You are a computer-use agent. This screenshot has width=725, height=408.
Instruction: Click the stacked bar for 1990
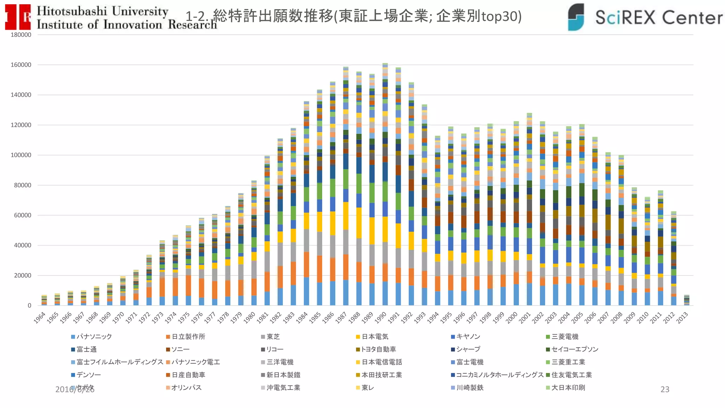[385, 184]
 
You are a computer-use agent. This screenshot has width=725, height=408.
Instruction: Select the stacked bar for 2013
[686, 300]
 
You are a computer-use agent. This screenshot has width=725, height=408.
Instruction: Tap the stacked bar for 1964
[44, 300]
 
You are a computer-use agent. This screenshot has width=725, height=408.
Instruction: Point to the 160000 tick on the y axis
[21, 65]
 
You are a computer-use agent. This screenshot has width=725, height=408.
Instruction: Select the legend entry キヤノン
[468, 336]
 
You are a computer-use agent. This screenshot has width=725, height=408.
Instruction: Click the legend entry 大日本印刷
[568, 387]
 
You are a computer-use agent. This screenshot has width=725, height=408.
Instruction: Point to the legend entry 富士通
[86, 349]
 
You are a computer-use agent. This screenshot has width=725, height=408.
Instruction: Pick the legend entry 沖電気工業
[283, 387]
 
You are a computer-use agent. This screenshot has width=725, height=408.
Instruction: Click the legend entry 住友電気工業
[571, 375]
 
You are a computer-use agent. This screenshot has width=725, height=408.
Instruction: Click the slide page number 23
[665, 389]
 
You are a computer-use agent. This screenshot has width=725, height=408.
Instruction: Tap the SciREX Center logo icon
[576, 17]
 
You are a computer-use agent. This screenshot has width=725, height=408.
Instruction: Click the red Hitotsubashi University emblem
[18, 17]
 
